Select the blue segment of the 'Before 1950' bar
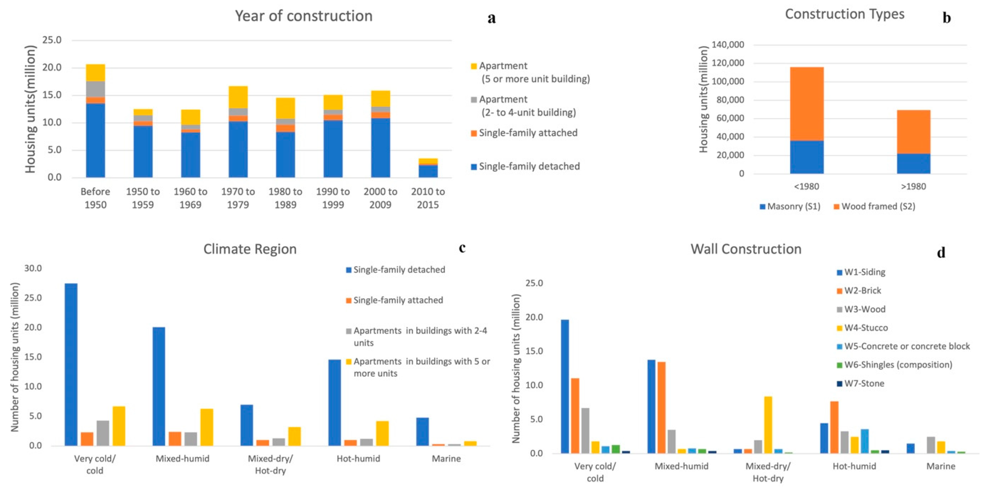(95, 140)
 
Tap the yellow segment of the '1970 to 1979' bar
(238, 97)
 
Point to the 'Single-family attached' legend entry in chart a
(528, 133)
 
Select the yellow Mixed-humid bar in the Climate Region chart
(207, 427)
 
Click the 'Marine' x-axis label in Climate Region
(446, 458)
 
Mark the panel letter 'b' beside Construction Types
(946, 18)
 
